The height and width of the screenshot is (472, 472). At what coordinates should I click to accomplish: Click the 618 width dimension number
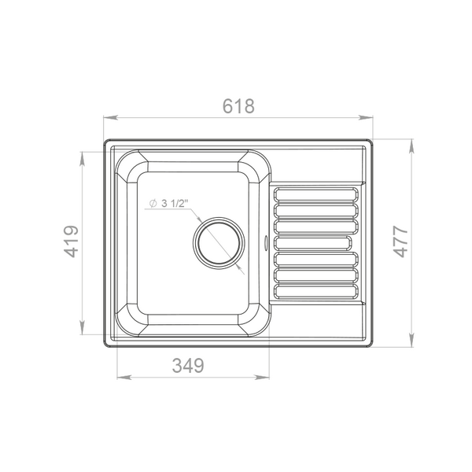tap(238, 106)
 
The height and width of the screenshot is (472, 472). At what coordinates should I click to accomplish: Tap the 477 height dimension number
tap(400, 242)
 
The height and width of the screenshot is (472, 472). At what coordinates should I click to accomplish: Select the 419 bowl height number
tap(72, 242)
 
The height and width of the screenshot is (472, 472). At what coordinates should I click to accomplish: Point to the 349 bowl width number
tap(188, 366)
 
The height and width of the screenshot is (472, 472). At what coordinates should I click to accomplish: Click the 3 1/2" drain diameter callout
tap(168, 204)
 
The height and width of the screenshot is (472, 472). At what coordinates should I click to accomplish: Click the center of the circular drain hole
tap(219, 243)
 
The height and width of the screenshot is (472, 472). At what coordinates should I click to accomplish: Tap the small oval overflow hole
tap(266, 243)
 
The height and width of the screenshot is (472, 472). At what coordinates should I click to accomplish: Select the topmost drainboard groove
tap(316, 194)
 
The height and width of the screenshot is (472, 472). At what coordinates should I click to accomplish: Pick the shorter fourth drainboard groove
tap(313, 243)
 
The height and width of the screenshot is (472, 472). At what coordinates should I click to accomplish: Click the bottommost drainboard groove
tap(316, 291)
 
